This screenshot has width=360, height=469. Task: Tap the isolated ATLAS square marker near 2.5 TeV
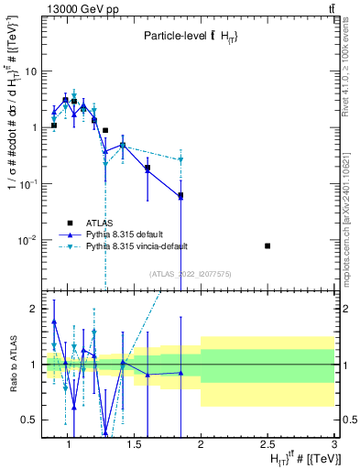(267, 245)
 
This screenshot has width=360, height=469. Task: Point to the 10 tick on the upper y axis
(28, 71)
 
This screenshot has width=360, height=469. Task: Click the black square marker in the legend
(69, 223)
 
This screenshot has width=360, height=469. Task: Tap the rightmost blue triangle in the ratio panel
(180, 373)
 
